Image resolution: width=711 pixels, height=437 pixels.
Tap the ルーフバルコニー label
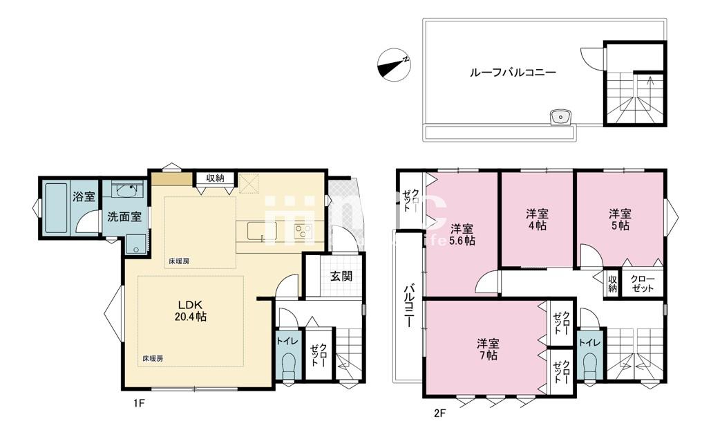pos(513,72)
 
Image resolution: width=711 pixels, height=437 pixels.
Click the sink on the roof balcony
pos(560,118)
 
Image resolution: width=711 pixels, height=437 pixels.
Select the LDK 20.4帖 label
pos(191,310)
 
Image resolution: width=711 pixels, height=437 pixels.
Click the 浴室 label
pos(84,196)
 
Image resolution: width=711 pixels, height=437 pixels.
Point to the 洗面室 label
pos(124,216)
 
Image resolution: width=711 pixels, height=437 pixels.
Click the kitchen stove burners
pos(303,232)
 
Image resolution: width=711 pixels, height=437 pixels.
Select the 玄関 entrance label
pos(341,276)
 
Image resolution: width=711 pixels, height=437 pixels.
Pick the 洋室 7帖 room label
pos(487,349)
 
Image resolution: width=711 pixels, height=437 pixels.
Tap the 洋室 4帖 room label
pos(537,219)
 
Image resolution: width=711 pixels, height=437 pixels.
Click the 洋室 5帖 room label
pos(620,219)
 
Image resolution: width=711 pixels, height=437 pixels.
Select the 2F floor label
pos(439,413)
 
